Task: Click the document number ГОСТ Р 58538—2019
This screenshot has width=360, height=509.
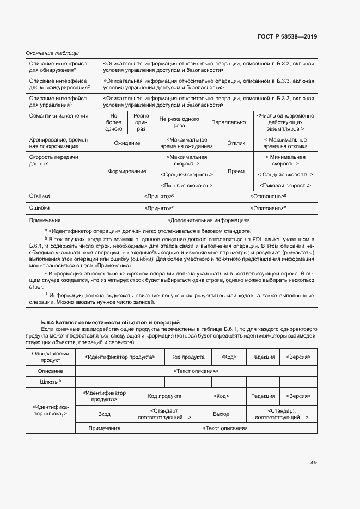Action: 286,37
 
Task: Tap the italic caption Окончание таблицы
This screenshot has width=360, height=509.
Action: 53,53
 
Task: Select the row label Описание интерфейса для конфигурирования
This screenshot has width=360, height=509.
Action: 59,83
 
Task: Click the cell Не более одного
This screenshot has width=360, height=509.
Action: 113,122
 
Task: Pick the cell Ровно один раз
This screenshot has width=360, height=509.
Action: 141,122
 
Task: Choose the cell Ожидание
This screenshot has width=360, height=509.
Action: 127,143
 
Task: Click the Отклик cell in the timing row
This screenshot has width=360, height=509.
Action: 236,143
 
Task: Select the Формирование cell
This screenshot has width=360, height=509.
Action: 127,171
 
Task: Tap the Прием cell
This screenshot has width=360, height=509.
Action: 236,171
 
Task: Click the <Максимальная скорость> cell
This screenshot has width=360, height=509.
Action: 186,160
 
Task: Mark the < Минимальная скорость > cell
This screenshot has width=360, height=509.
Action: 285,160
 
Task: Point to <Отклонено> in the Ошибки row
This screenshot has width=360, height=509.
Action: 268,207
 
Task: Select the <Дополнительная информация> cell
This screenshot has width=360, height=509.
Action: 209,220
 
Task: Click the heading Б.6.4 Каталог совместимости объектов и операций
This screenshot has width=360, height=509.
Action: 111,323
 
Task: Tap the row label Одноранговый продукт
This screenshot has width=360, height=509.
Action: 50,357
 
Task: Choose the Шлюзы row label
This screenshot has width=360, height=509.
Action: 50,382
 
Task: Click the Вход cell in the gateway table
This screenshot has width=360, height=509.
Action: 104,414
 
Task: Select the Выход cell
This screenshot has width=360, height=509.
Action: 221,414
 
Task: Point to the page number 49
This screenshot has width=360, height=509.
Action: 313,462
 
